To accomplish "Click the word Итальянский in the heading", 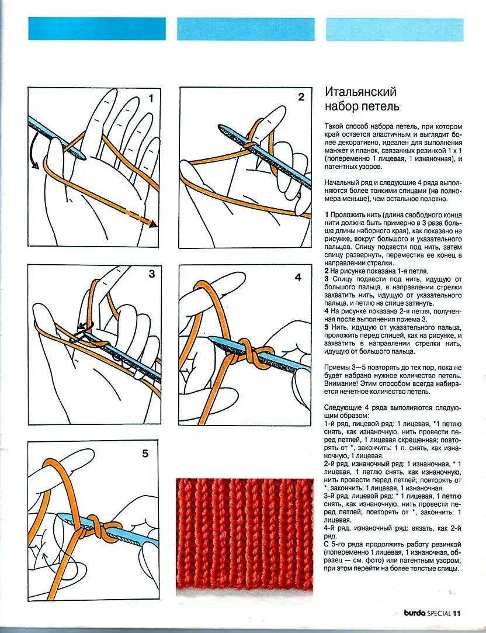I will coord(360,92).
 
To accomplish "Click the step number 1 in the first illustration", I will coord(151,98).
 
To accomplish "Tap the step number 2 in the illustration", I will coord(301,97).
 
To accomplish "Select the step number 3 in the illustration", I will coord(151,274).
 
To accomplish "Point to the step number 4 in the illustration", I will coord(298,277).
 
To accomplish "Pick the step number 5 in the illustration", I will coord(145,453).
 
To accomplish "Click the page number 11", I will coord(457,613).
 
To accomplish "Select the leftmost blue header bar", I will coord(97,29).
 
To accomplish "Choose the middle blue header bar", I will coord(246,29).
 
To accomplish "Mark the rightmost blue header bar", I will coord(394,29).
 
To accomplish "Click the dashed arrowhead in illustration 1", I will coord(153,224).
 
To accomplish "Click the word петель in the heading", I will coord(380,106).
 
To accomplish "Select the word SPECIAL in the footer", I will coord(438,613).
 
